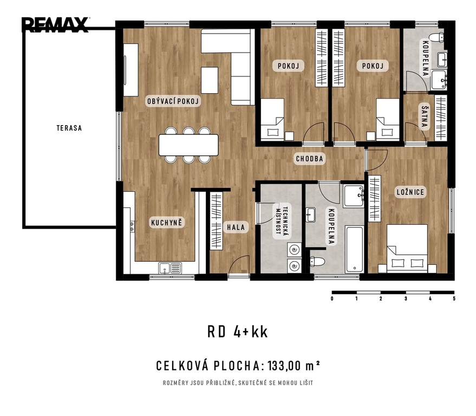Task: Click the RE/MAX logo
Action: point(55,24)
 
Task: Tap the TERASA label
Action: point(69,128)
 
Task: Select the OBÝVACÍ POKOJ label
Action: point(173,101)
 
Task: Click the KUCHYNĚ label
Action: point(167,223)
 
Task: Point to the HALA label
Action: point(236,227)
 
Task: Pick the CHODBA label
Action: point(310,159)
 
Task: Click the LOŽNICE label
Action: point(410,192)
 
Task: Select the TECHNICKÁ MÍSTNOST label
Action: point(282,221)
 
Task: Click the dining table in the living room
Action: point(188,145)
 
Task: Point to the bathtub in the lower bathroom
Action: point(354,250)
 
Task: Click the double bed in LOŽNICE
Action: point(407,248)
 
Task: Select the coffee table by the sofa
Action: point(210,80)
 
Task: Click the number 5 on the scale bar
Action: point(454,298)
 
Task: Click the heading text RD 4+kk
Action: point(238,332)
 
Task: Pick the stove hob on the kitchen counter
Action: point(132,226)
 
